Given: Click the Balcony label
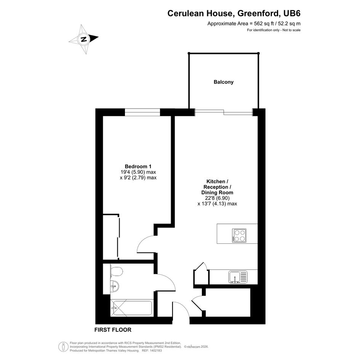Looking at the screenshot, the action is [x=223, y=82].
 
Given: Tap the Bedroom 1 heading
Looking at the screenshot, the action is [x=138, y=166].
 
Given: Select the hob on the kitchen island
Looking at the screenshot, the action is [x=239, y=235].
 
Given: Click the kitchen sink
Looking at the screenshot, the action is [x=238, y=277].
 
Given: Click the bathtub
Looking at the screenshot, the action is [x=131, y=308].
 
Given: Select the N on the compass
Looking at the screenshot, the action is [x=84, y=39].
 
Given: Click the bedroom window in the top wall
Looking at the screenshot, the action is [x=142, y=112].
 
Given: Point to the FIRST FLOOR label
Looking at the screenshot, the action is [x=113, y=330].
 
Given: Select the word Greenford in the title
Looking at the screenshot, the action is [x=259, y=13].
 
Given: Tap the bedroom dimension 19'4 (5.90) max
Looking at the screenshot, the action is [x=138, y=172].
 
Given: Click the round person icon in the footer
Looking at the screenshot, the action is [x=63, y=347].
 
